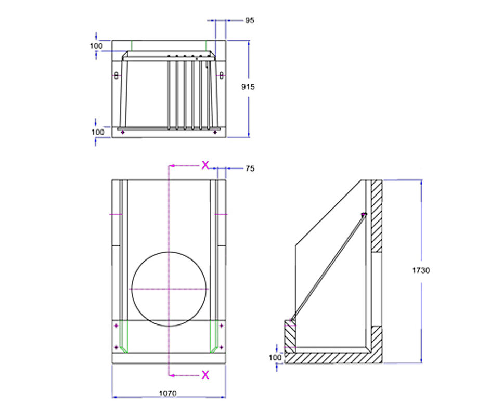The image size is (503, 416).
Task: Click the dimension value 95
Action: tap(250, 21)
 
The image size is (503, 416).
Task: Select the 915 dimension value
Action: tap(248, 87)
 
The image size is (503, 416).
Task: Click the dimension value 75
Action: tap(250, 168)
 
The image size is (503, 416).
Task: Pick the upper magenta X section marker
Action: tap(205, 165)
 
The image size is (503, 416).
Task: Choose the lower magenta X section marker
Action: tap(205, 374)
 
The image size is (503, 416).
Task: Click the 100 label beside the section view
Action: tap(274, 357)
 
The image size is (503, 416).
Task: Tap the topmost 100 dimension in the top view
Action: tap(96, 46)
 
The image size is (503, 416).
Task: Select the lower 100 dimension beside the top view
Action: tap(97, 132)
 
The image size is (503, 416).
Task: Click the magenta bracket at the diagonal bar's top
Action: tap(364, 214)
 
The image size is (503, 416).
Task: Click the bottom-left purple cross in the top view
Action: tap(122, 133)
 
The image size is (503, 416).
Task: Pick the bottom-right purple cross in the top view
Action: tap(215, 133)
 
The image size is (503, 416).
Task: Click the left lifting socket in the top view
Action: tap(116, 75)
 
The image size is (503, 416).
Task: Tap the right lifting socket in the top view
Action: tap(221, 75)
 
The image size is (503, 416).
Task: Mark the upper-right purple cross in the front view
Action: tap(222, 326)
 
